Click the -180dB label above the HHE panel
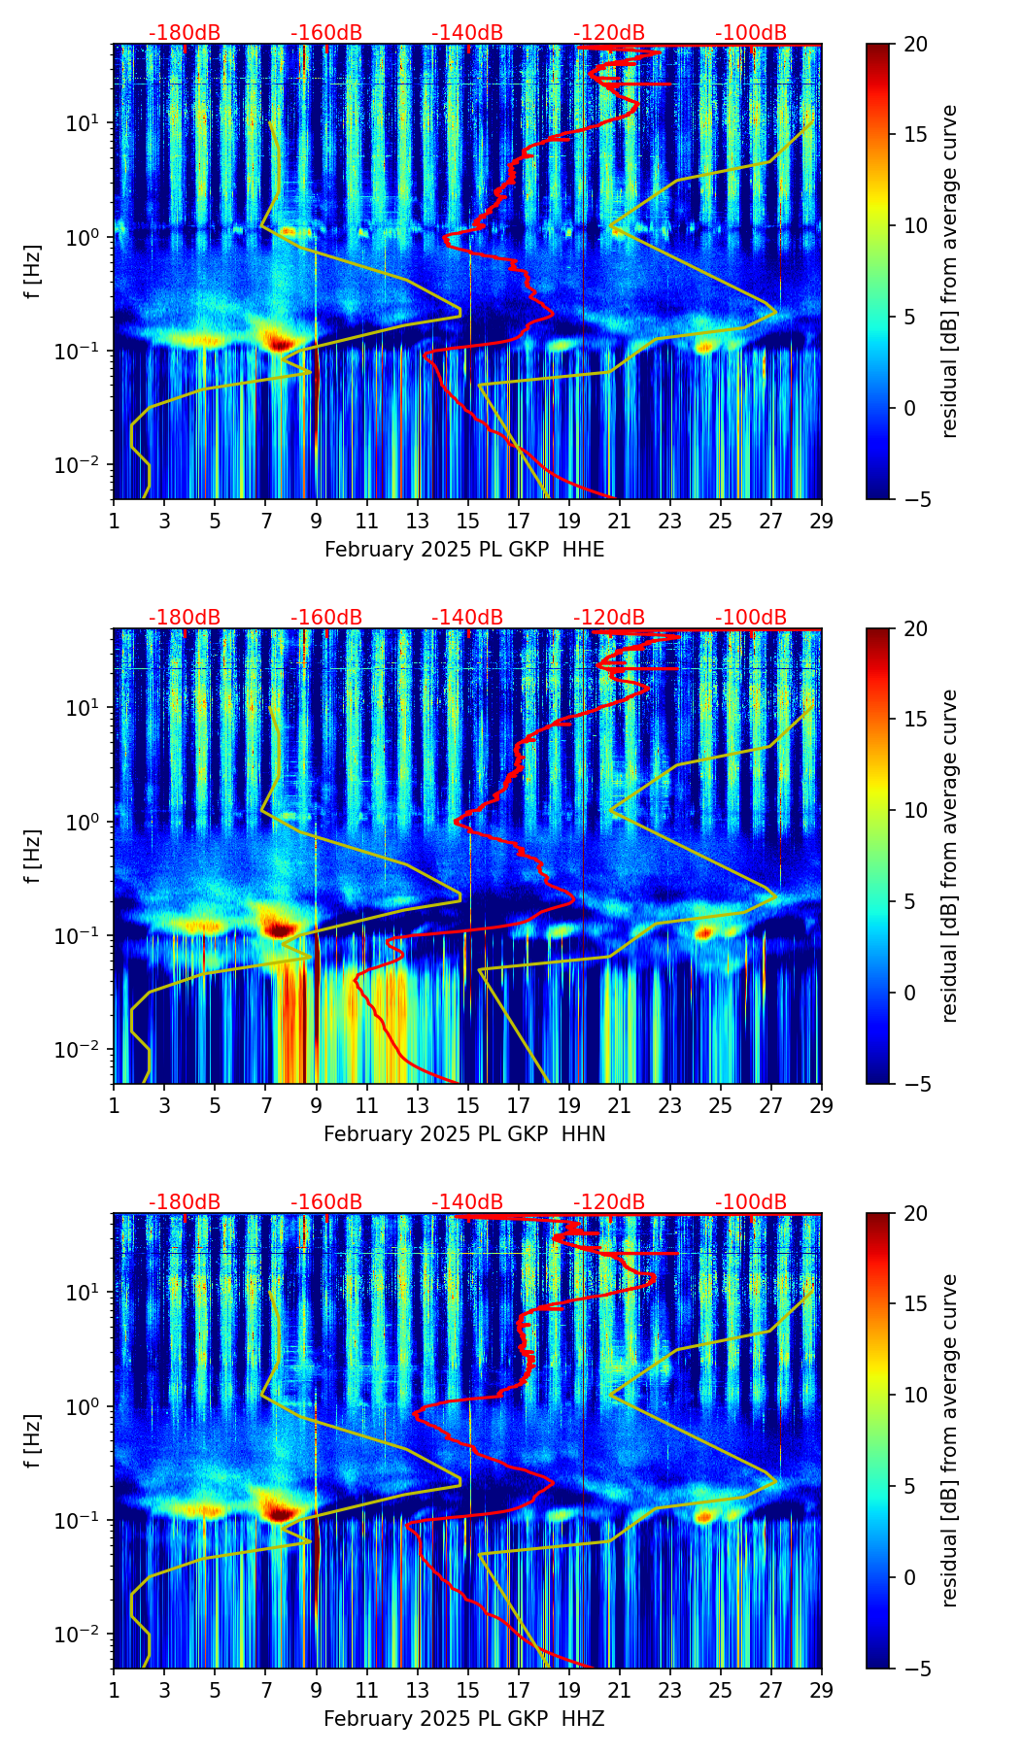pos(185,33)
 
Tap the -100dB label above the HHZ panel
pos(751,1202)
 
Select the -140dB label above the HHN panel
pos(467,618)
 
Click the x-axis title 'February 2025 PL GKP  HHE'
pos(464,550)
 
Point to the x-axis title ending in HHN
pos(464,1134)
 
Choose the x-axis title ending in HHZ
pos(464,1719)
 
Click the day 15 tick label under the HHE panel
pos(468,521)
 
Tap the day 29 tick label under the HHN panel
pos(821,1105)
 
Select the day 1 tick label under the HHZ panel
pos(115,1690)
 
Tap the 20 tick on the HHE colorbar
pos(914,44)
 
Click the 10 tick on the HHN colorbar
pos(914,810)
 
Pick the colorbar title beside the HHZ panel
pos(949,1440)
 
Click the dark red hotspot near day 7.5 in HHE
pos(281,343)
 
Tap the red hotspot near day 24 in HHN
pos(704,933)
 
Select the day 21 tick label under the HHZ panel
pos(620,1690)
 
